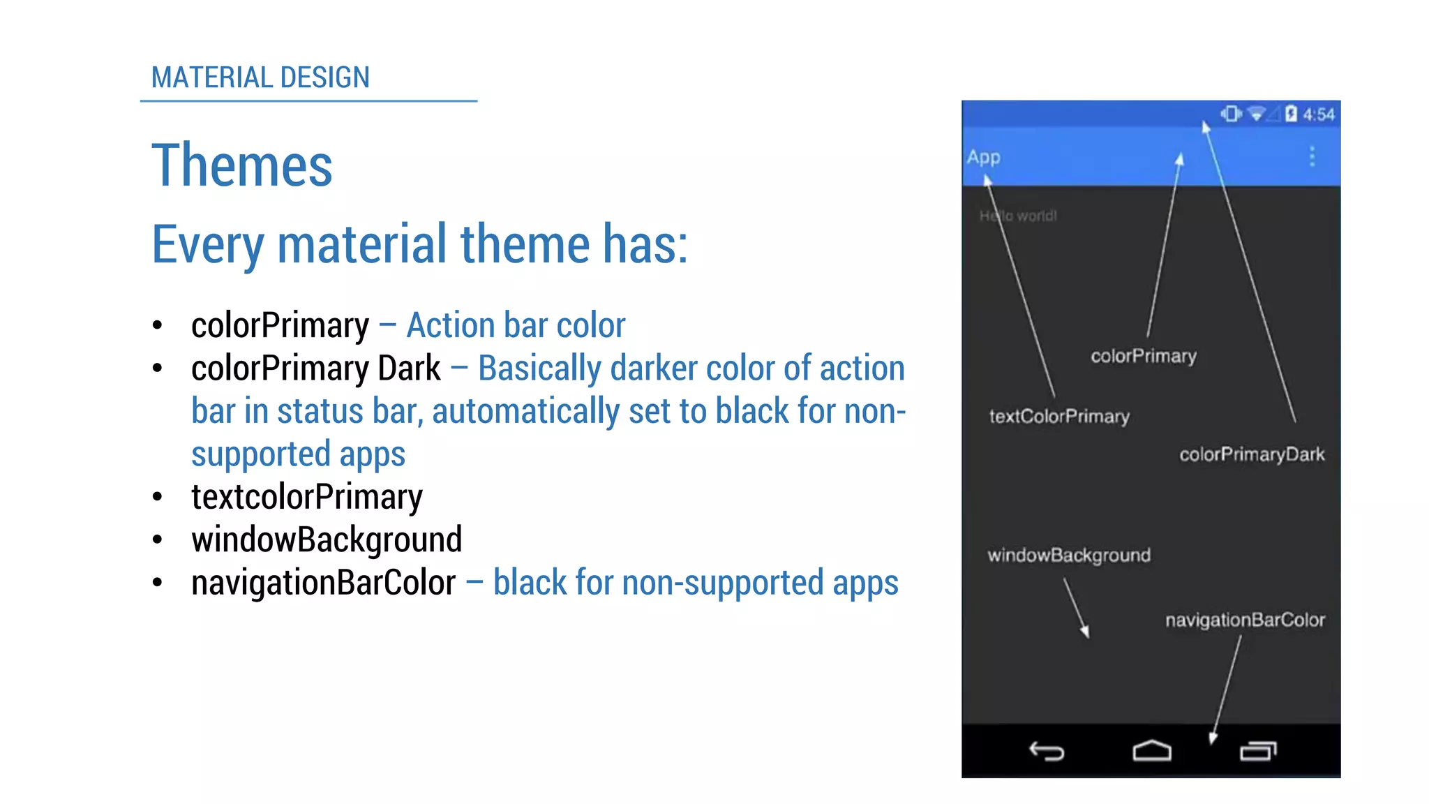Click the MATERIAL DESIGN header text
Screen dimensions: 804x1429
tap(260, 77)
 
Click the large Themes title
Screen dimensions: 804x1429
tap(241, 165)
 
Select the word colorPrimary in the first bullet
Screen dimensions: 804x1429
tap(280, 325)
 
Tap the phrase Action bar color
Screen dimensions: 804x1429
tap(516, 325)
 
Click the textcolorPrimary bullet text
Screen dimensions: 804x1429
tap(306, 497)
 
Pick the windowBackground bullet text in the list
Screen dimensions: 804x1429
tap(327, 539)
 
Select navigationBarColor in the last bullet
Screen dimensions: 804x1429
tap(323, 583)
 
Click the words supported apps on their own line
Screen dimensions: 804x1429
tap(298, 454)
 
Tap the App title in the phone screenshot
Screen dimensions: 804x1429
tap(983, 157)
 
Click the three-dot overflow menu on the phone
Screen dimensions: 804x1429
tap(1312, 156)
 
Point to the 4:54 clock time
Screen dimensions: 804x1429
tap(1318, 114)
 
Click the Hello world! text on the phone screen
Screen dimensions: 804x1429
tap(1017, 216)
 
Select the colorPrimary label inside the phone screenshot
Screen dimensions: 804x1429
tap(1143, 356)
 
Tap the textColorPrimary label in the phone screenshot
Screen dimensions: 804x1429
tap(1058, 417)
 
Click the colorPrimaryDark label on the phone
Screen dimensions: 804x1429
tap(1251, 454)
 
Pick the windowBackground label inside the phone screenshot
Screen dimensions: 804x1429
tap(1068, 556)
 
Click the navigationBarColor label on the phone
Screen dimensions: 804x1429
tap(1244, 620)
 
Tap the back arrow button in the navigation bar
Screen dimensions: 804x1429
tap(1047, 751)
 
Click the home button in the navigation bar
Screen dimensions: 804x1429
tap(1151, 751)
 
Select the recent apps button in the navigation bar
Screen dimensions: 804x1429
tap(1258, 751)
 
